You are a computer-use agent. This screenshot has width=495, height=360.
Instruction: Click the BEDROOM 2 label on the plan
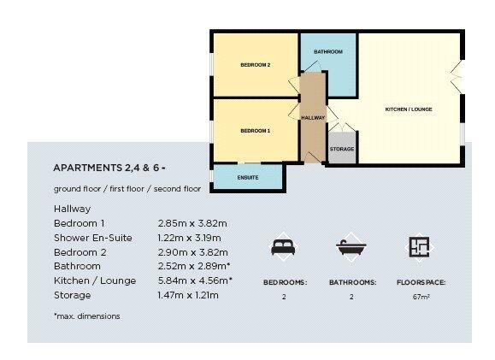[x=255, y=65]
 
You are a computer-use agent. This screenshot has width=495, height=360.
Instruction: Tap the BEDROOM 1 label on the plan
[x=255, y=131]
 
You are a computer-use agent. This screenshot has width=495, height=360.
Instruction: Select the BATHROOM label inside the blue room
[x=327, y=52]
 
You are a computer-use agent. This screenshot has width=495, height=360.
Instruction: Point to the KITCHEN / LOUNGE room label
[x=409, y=109]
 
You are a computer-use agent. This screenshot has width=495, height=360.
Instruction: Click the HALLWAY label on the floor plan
[x=312, y=117]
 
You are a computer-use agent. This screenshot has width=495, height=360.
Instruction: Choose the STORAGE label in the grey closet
[x=342, y=150]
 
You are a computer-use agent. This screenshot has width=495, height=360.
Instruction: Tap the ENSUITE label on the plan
[x=247, y=177]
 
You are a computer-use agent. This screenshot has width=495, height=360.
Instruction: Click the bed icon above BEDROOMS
[x=281, y=247]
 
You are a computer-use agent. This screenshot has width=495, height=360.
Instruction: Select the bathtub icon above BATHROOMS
[x=350, y=247]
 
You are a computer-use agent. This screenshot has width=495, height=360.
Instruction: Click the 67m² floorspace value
[x=420, y=298]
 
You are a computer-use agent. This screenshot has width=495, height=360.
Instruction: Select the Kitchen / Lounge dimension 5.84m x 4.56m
[x=195, y=280]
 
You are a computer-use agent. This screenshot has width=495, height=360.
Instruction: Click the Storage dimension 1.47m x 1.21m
[x=188, y=295]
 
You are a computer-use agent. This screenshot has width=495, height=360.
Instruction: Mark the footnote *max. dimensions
[x=86, y=316]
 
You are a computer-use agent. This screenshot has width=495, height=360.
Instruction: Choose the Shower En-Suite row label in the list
[x=92, y=238]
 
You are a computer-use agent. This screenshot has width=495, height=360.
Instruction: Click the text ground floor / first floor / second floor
[x=127, y=188]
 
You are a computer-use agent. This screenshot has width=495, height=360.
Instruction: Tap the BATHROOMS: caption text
[x=350, y=281]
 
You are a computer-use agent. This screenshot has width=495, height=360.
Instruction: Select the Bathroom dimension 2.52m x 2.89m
[x=195, y=266]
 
